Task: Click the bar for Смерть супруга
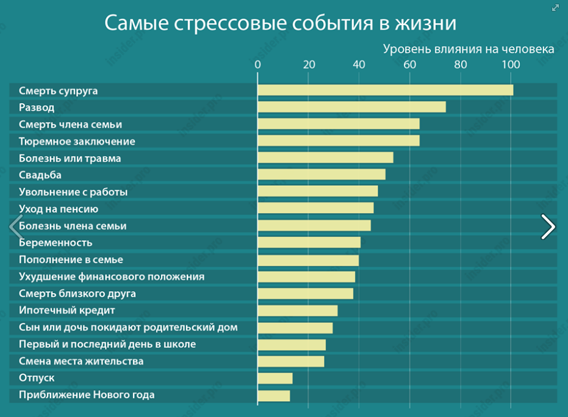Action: [385, 90]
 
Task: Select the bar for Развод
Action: [351, 107]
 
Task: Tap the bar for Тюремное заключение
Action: [339, 141]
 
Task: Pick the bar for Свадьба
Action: [322, 175]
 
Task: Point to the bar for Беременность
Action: [309, 242]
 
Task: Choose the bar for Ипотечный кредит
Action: [297, 310]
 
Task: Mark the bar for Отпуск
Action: [275, 378]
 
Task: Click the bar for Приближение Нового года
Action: [274, 395]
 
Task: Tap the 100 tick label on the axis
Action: [510, 65]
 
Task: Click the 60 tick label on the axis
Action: [409, 65]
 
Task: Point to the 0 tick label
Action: [257, 65]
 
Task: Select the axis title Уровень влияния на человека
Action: [469, 49]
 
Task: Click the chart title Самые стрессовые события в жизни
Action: [280, 23]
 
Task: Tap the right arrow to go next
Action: [548, 227]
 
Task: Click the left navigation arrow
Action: [15, 227]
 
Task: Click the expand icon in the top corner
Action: [555, 7]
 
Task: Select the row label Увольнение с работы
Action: [73, 192]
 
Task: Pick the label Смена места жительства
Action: [81, 361]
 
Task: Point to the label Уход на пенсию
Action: [59, 209]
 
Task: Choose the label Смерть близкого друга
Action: [77, 294]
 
